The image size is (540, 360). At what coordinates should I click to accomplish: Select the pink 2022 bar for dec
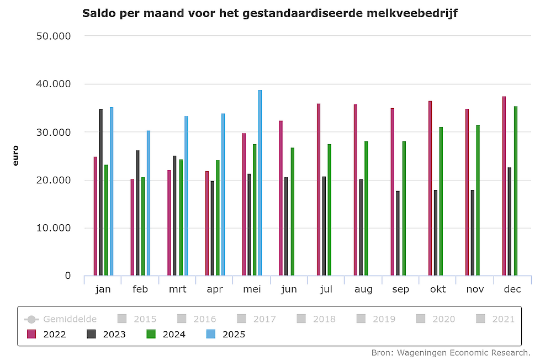click(x=504, y=186)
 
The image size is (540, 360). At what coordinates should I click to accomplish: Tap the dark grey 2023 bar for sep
click(x=398, y=233)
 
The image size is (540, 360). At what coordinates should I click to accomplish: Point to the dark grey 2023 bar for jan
click(x=101, y=192)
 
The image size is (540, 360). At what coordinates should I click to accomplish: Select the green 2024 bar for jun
click(x=292, y=211)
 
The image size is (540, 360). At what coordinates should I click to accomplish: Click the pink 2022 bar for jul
click(x=319, y=189)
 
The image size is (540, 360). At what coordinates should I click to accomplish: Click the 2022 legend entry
click(x=46, y=334)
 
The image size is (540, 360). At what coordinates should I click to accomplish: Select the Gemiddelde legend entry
click(x=61, y=319)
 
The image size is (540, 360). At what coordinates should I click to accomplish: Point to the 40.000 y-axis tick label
click(x=51, y=84)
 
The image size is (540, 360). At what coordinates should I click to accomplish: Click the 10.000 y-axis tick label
click(x=51, y=228)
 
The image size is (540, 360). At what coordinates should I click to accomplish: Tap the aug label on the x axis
click(x=363, y=289)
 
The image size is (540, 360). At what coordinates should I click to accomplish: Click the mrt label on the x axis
click(x=177, y=289)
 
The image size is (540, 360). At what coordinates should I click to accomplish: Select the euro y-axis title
click(x=15, y=155)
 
